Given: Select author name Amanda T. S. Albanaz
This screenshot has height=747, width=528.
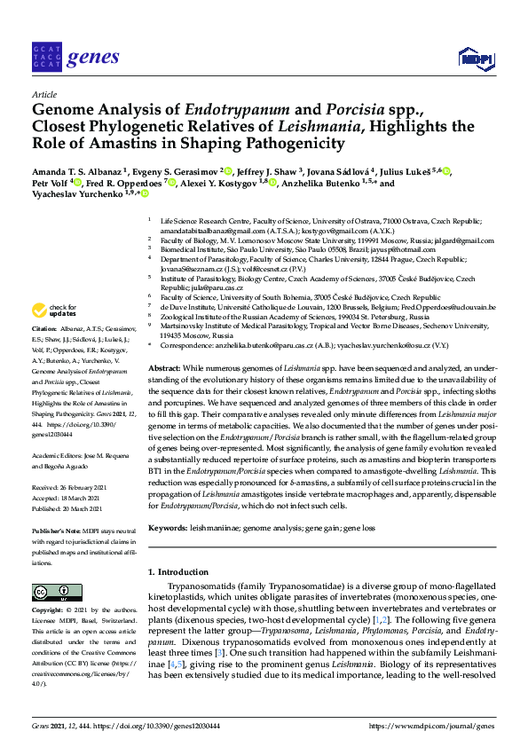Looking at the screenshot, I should (x=77, y=171).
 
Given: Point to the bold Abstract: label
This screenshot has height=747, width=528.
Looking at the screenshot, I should (x=164, y=367).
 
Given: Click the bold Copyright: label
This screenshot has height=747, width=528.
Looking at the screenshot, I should (x=49, y=611).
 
